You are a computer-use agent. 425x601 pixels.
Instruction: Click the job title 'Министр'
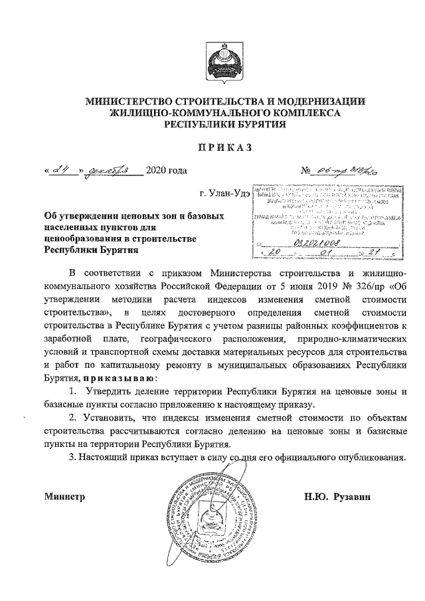[x=65, y=496]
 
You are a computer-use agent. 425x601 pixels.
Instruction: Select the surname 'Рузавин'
[x=357, y=496]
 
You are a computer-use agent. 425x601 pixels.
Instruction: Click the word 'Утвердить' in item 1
[x=109, y=391]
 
